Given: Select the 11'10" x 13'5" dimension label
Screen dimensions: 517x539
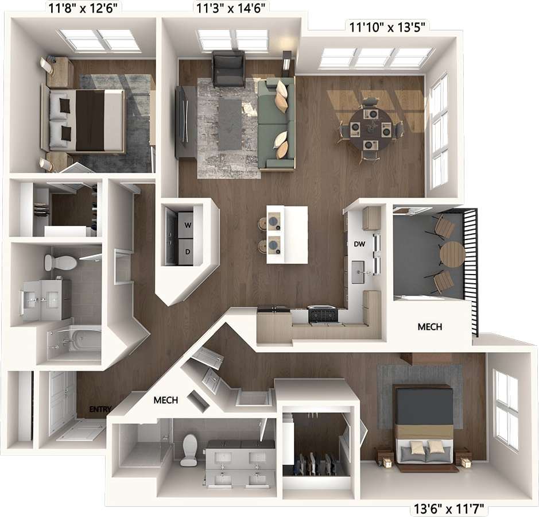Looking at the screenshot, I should coord(387,27).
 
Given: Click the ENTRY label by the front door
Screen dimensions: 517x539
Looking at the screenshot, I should coord(100,409).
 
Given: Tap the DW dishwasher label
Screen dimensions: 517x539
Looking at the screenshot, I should coord(359,244).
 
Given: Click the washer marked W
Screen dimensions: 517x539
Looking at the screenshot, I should coord(185,225).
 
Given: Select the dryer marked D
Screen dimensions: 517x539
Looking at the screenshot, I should coord(185,252).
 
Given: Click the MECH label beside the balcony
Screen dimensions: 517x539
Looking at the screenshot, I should coord(429,327).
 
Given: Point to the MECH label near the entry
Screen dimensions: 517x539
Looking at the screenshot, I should coord(165,400).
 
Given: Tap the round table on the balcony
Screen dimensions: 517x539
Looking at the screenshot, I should coord(452,254).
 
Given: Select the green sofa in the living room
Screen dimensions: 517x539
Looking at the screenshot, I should coord(276,125).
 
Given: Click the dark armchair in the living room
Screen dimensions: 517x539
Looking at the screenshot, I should coord(228,68).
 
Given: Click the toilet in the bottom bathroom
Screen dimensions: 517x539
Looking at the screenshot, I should coord(189,449).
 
